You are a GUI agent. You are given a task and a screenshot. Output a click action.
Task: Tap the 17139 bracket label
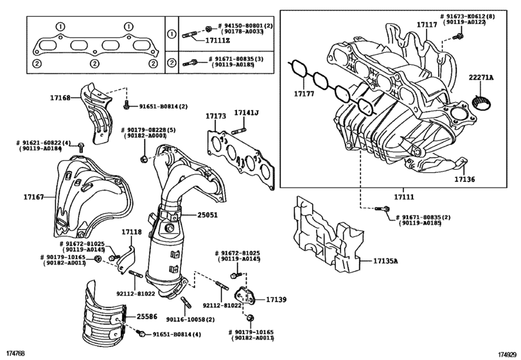(x=276, y=300)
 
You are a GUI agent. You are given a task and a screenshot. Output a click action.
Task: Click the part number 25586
(x=146, y=317)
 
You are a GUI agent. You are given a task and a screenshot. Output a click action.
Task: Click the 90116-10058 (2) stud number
(x=191, y=319)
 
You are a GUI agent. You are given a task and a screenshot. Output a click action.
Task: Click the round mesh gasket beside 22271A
(x=480, y=102)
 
